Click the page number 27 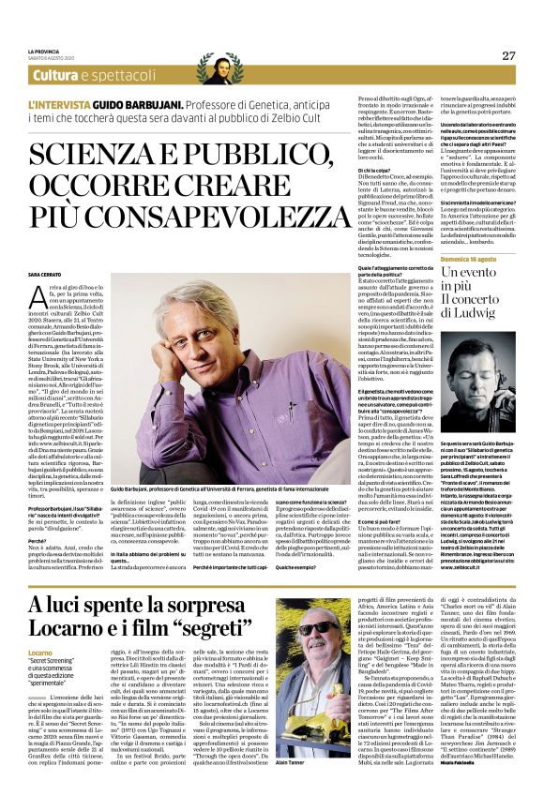[x=507, y=54]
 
